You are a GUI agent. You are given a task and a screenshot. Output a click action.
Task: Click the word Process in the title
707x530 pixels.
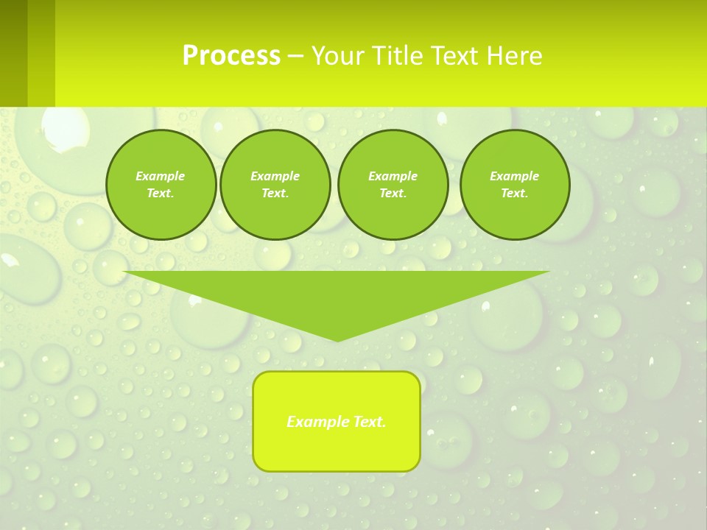(231, 56)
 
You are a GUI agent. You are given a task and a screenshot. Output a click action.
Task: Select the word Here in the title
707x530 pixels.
(514, 56)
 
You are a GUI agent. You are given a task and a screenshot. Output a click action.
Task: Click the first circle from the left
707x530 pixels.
(161, 185)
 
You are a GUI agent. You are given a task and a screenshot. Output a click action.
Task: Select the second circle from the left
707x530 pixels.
(275, 185)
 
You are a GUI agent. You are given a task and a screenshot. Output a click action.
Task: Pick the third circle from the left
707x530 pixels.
(393, 185)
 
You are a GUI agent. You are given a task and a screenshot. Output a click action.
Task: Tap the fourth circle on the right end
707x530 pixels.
(514, 185)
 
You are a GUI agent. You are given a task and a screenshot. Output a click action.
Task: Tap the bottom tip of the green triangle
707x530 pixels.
(337, 339)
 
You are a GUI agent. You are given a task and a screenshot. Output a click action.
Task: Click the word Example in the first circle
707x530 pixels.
(161, 176)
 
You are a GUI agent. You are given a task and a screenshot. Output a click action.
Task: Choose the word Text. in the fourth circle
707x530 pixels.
(514, 194)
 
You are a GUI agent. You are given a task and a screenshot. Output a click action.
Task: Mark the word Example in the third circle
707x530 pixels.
(393, 176)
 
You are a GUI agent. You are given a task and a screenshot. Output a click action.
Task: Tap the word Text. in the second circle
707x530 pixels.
(275, 194)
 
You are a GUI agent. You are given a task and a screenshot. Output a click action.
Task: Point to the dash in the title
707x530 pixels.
(296, 56)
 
